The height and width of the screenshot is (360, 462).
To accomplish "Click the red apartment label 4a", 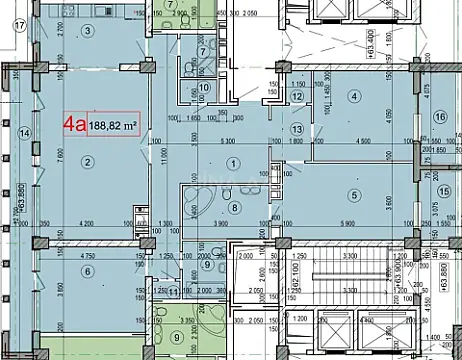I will point(75,126).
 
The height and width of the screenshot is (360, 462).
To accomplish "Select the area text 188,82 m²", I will point(113,127).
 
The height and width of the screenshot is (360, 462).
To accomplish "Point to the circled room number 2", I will point(87,162).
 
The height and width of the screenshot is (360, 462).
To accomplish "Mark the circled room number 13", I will point(296,129).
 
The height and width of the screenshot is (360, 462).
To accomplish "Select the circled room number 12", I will point(297,97).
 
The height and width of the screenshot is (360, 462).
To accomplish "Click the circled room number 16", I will point(440,117).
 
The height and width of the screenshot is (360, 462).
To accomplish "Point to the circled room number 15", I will point(444,192).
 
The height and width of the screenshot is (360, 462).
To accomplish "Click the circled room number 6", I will point(87,270).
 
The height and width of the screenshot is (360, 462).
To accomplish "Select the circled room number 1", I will point(233,163).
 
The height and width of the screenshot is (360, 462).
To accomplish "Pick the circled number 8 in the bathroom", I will point(234,207).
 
